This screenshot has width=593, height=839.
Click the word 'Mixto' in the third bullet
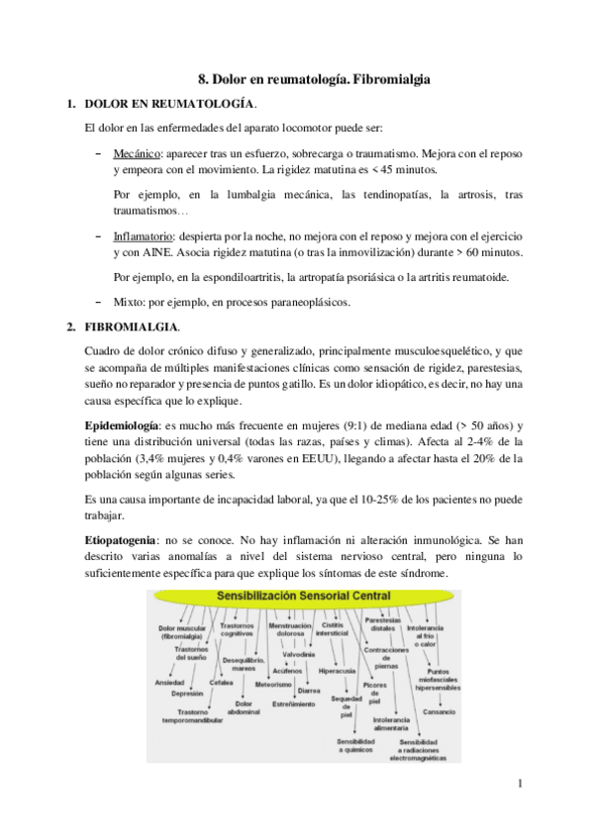pos(129,301)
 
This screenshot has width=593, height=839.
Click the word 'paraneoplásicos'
pos(304,301)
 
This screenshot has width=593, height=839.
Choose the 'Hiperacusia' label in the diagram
pos(337,670)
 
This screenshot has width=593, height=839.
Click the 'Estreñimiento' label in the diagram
pos(294,703)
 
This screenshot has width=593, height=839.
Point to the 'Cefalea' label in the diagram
pos(221,682)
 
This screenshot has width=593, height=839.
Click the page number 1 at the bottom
pos(520,786)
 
